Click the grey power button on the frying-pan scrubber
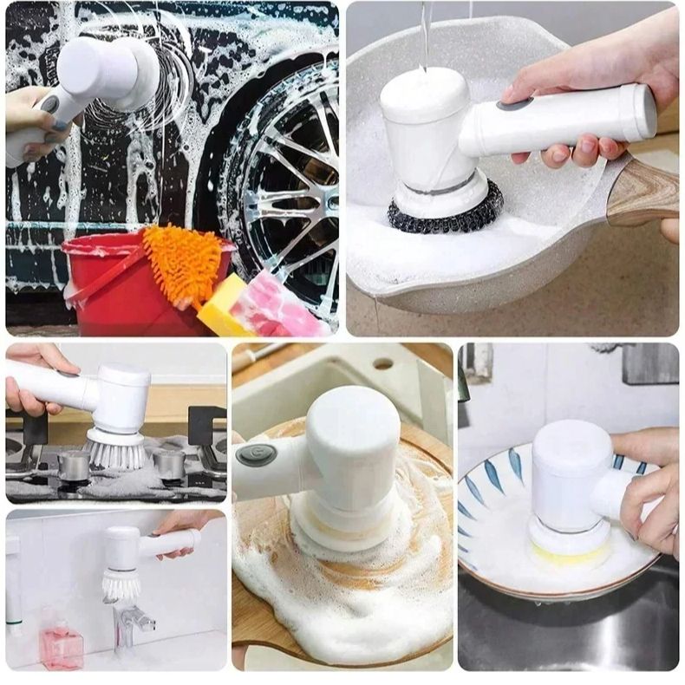[x=513, y=104]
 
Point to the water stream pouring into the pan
[x=424, y=35]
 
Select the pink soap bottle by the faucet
[x=60, y=642]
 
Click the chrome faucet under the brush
[x=131, y=620]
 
